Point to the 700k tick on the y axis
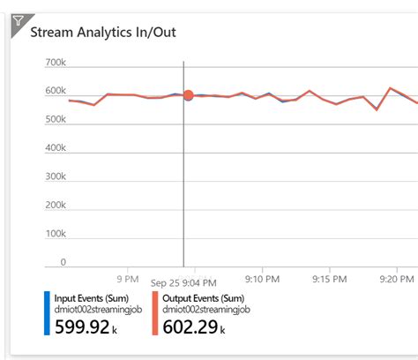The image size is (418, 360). (x=55, y=64)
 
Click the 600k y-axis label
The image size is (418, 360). (x=55, y=92)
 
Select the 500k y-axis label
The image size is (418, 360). (x=55, y=120)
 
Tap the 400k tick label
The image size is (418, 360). (x=55, y=149)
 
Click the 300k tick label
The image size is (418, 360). (x=55, y=177)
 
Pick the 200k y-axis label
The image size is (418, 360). (x=55, y=206)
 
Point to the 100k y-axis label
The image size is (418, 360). (x=55, y=234)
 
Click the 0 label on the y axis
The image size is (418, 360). (x=63, y=262)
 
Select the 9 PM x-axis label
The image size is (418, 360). (x=127, y=278)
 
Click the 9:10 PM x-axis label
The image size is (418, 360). (x=262, y=278)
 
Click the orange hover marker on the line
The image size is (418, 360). (x=188, y=95)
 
